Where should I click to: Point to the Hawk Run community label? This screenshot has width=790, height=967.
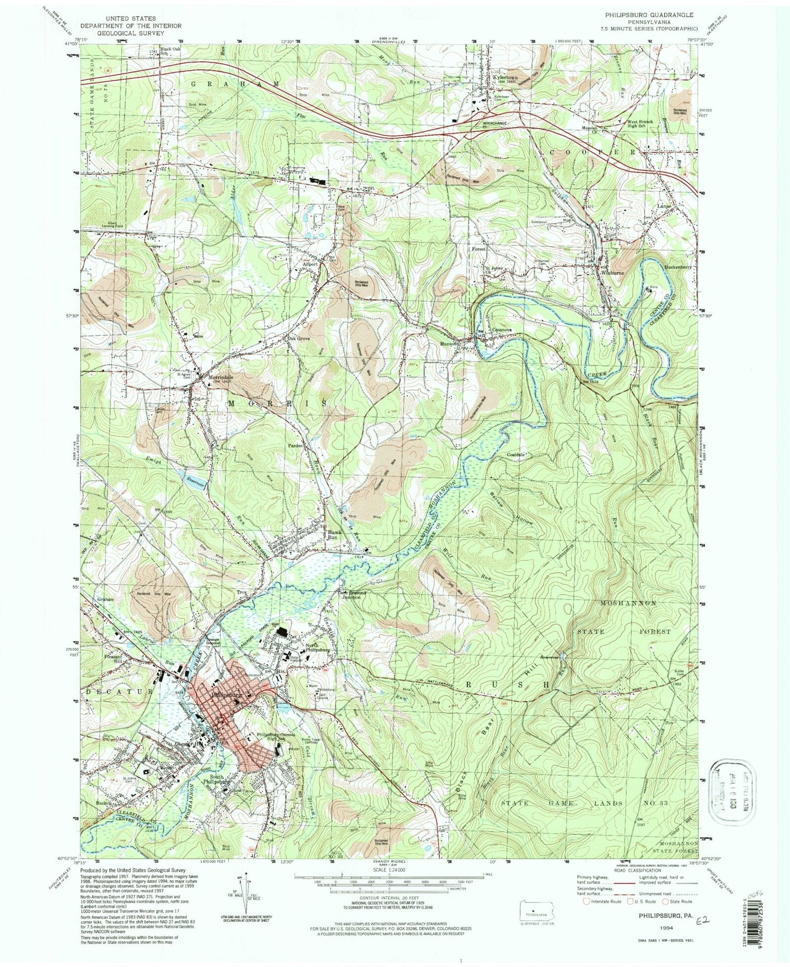tap(331, 535)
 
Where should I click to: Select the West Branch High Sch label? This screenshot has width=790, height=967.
tap(639, 124)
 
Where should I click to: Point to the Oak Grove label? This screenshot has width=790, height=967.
tap(298, 338)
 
